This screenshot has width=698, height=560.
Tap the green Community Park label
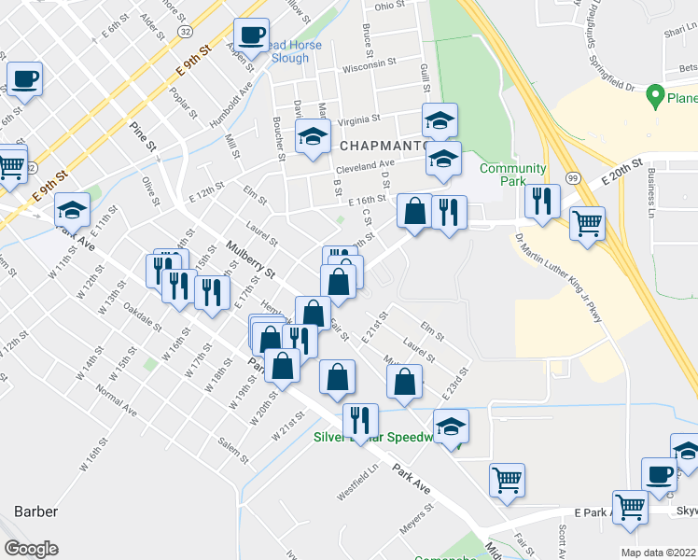click(x=512, y=175)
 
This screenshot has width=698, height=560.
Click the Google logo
click(x=31, y=549)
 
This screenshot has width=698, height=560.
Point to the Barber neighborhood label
click(x=36, y=511)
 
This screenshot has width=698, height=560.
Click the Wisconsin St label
click(x=370, y=68)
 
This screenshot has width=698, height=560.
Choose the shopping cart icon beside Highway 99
click(x=588, y=223)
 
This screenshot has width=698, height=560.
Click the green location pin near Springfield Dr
click(x=656, y=96)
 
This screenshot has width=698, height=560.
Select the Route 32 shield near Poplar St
click(x=187, y=32)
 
